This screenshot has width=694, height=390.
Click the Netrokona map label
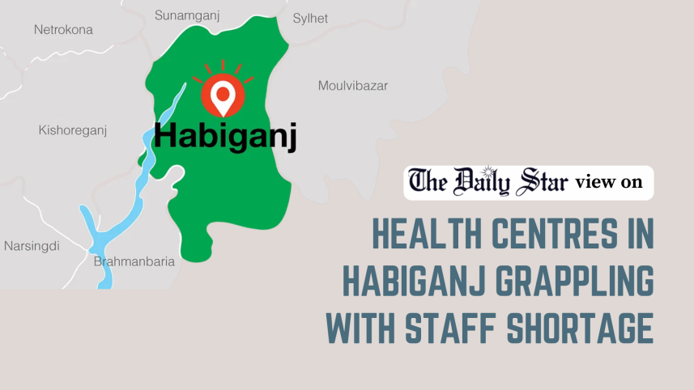click(x=63, y=30)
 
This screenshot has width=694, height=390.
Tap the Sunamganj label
click(x=188, y=15)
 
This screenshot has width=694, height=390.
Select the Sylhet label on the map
click(x=310, y=18)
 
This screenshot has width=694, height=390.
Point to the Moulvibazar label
click(x=352, y=86)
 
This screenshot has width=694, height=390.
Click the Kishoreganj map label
click(x=73, y=130)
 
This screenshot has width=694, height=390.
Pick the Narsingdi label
click(x=32, y=246)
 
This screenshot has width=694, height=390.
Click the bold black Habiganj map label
click(x=225, y=135)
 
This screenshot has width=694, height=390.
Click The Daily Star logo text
click(x=488, y=182)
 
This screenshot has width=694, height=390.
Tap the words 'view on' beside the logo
click(x=609, y=183)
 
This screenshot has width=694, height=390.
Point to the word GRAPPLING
click(x=572, y=282)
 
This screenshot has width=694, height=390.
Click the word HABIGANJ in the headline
click(x=410, y=282)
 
